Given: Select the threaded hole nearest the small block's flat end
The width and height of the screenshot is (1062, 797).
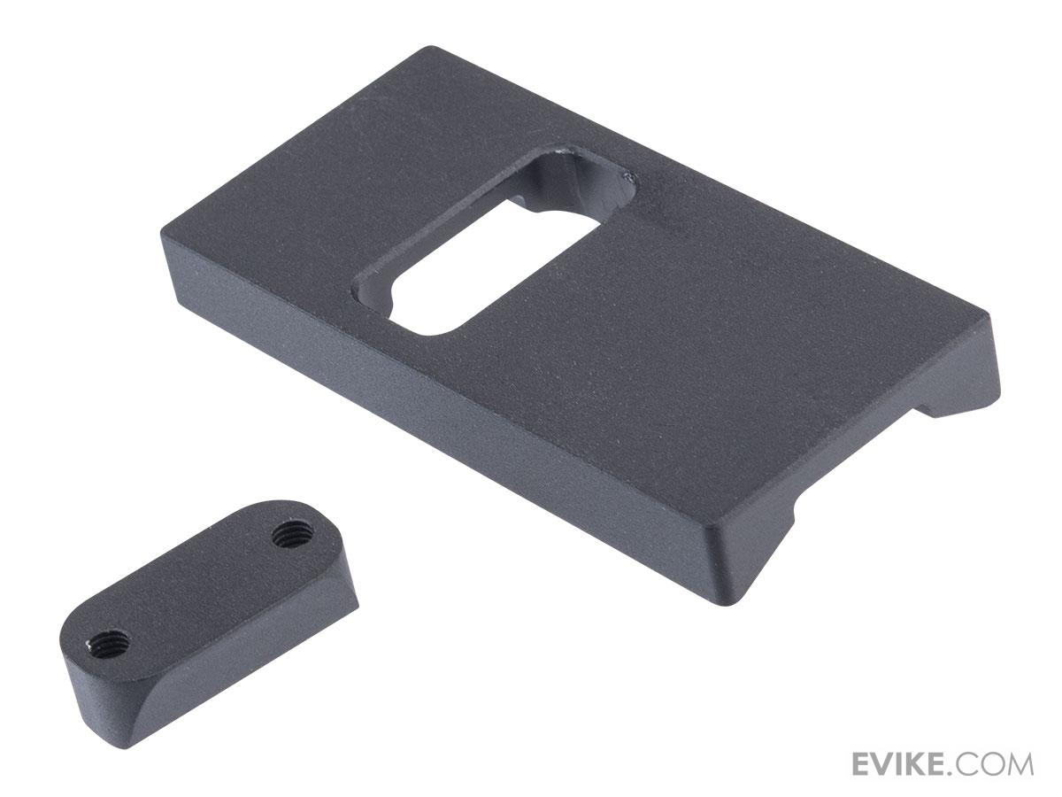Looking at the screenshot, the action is point(289,536).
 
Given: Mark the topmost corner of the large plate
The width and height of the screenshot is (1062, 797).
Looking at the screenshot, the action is point(428,46).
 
